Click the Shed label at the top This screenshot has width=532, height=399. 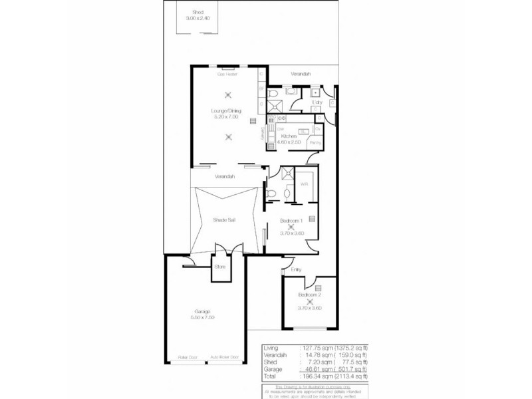click(198, 12)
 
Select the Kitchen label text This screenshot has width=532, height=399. click(288, 136)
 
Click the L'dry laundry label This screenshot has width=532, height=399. click(317, 102)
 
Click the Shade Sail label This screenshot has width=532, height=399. click(224, 219)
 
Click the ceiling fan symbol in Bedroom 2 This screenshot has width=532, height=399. click(309, 301)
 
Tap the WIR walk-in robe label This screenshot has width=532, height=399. click(304, 184)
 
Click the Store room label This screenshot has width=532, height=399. click(220, 267)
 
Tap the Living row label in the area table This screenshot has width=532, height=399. click(270, 347)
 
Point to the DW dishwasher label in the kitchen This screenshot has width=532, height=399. click(281, 128)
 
